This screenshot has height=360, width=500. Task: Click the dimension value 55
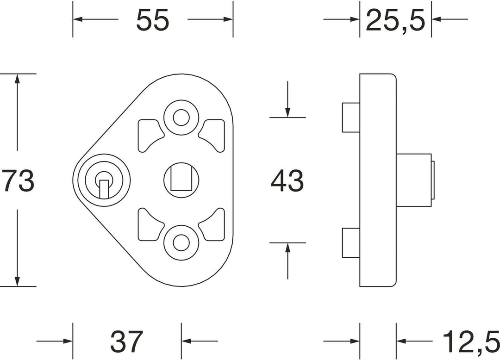[152, 20]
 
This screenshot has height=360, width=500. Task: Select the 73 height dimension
[18, 180]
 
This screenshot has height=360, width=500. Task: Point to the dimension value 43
[287, 180]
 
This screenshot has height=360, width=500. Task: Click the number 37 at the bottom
[126, 341]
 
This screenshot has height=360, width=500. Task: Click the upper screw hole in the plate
[181, 118]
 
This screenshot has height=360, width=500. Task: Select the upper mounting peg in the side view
[351, 118]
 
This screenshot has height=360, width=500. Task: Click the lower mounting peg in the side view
[351, 243]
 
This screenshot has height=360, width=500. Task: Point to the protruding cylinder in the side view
[414, 180]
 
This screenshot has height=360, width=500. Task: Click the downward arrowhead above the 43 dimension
[287, 112]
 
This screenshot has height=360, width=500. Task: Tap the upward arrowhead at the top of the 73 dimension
[18, 79]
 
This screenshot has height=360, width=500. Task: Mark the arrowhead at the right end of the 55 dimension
[228, 19]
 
